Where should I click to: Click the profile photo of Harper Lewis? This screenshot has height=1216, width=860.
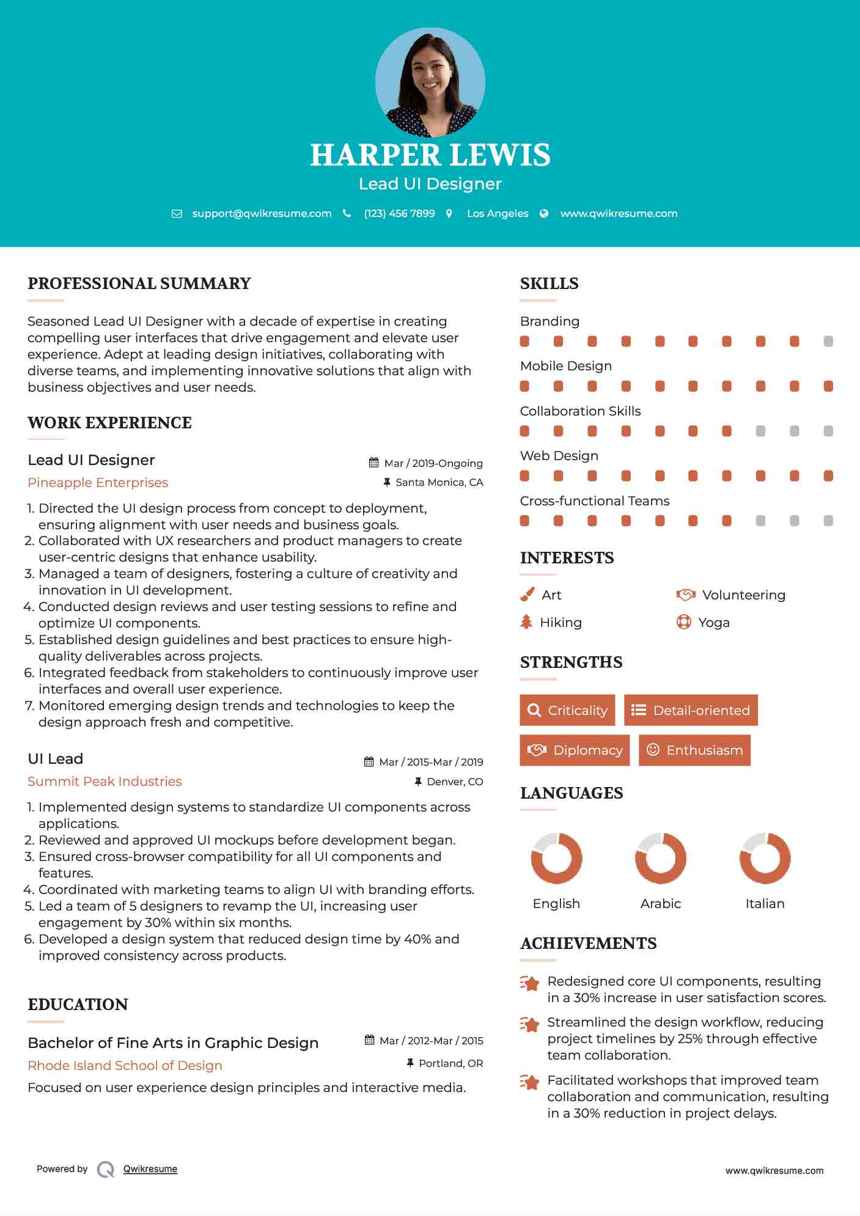430,82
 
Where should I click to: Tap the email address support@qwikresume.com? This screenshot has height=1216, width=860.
262,213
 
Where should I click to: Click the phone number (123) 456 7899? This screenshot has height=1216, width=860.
399,213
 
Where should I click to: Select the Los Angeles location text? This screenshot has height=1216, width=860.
497,213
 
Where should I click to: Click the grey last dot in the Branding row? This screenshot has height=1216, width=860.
828,341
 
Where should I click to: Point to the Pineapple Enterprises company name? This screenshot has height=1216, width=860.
98,483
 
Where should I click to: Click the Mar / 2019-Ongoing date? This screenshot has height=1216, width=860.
433,463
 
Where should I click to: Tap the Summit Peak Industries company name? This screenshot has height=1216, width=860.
105,782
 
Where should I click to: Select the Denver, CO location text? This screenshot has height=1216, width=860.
455,782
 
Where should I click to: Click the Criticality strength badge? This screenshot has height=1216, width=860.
567,710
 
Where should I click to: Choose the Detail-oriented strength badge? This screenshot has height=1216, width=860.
691,710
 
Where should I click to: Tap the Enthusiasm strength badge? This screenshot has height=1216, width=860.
694,750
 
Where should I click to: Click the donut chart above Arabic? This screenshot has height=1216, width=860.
660,858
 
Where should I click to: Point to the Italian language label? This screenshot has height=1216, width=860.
765,904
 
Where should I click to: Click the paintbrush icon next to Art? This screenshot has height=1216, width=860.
527,595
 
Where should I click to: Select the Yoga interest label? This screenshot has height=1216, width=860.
713,623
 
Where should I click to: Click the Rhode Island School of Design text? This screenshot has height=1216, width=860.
125,1066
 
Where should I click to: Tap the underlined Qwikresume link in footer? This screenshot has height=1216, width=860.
150,1169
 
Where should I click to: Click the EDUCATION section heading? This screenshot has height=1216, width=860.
78,1005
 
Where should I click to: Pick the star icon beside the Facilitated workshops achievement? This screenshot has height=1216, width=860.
529,1082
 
